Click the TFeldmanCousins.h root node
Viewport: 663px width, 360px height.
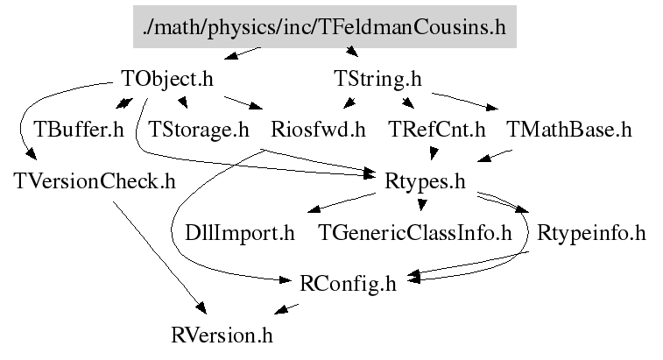tap(325, 26)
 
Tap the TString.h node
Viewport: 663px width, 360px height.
tap(377, 79)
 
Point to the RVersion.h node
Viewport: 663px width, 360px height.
tap(222, 335)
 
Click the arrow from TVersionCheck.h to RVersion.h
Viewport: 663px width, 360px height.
tap(158, 254)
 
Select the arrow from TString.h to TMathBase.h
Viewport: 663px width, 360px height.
tap(464, 99)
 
